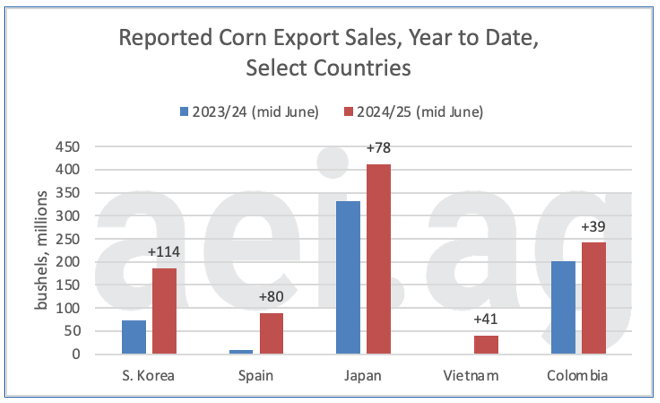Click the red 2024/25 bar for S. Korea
click(x=164, y=311)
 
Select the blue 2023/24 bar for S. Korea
click(x=133, y=337)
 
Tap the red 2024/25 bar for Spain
click(x=271, y=333)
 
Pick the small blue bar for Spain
click(x=240, y=352)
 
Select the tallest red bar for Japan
click(x=379, y=259)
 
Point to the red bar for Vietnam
click(x=486, y=344)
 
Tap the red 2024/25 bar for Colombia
click(x=594, y=298)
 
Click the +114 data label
click(x=164, y=252)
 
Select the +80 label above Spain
click(x=271, y=297)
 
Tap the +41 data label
click(x=486, y=319)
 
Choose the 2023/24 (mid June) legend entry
click(x=248, y=113)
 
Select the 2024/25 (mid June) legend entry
click(x=413, y=113)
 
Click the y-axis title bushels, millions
click(x=43, y=251)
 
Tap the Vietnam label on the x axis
click(x=471, y=376)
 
